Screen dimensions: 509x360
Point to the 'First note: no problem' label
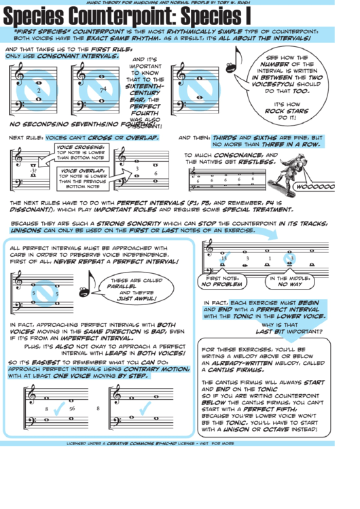tap(222, 281)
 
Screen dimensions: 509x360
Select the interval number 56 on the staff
tap(71, 408)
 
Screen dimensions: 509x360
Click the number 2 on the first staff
tap(39, 90)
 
